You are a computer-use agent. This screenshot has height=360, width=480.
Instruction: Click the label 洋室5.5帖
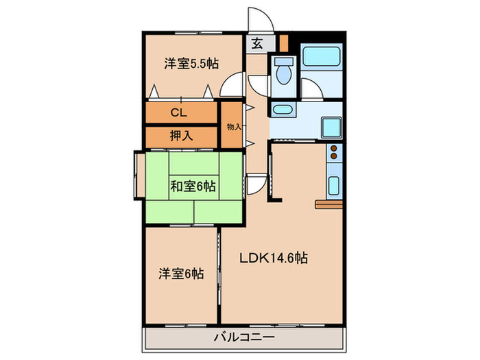point(191,64)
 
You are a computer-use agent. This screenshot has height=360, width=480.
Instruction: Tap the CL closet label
point(180,112)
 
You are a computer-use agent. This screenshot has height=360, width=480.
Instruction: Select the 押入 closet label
point(181,136)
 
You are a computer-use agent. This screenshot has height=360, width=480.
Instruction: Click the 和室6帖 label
point(193,186)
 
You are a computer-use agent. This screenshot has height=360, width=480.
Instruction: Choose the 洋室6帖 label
point(180,273)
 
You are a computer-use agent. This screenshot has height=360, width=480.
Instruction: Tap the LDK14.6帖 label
point(272,259)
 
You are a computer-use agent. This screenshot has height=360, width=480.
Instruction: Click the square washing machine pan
point(333,126)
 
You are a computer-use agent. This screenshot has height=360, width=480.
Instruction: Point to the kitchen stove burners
point(335,154)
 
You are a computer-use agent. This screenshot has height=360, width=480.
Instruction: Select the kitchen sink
point(334,185)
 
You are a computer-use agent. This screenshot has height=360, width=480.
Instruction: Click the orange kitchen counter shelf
point(329,204)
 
